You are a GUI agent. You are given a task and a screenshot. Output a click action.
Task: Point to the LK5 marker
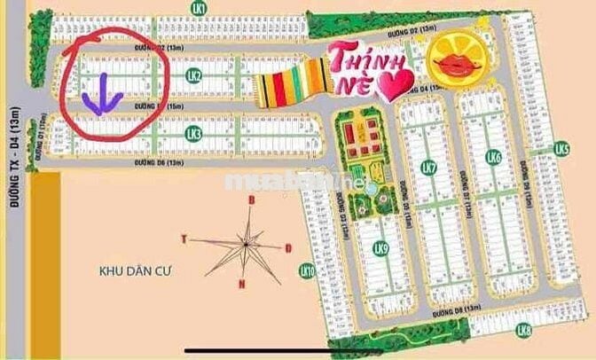point(561,147)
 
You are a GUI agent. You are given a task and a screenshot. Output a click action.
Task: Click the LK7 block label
point(429,168)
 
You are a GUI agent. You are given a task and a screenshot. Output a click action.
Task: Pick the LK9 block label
point(381,248)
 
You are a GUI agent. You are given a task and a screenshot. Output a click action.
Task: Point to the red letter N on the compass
point(241,284)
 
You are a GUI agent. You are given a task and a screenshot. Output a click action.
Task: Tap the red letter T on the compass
point(184,239)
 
